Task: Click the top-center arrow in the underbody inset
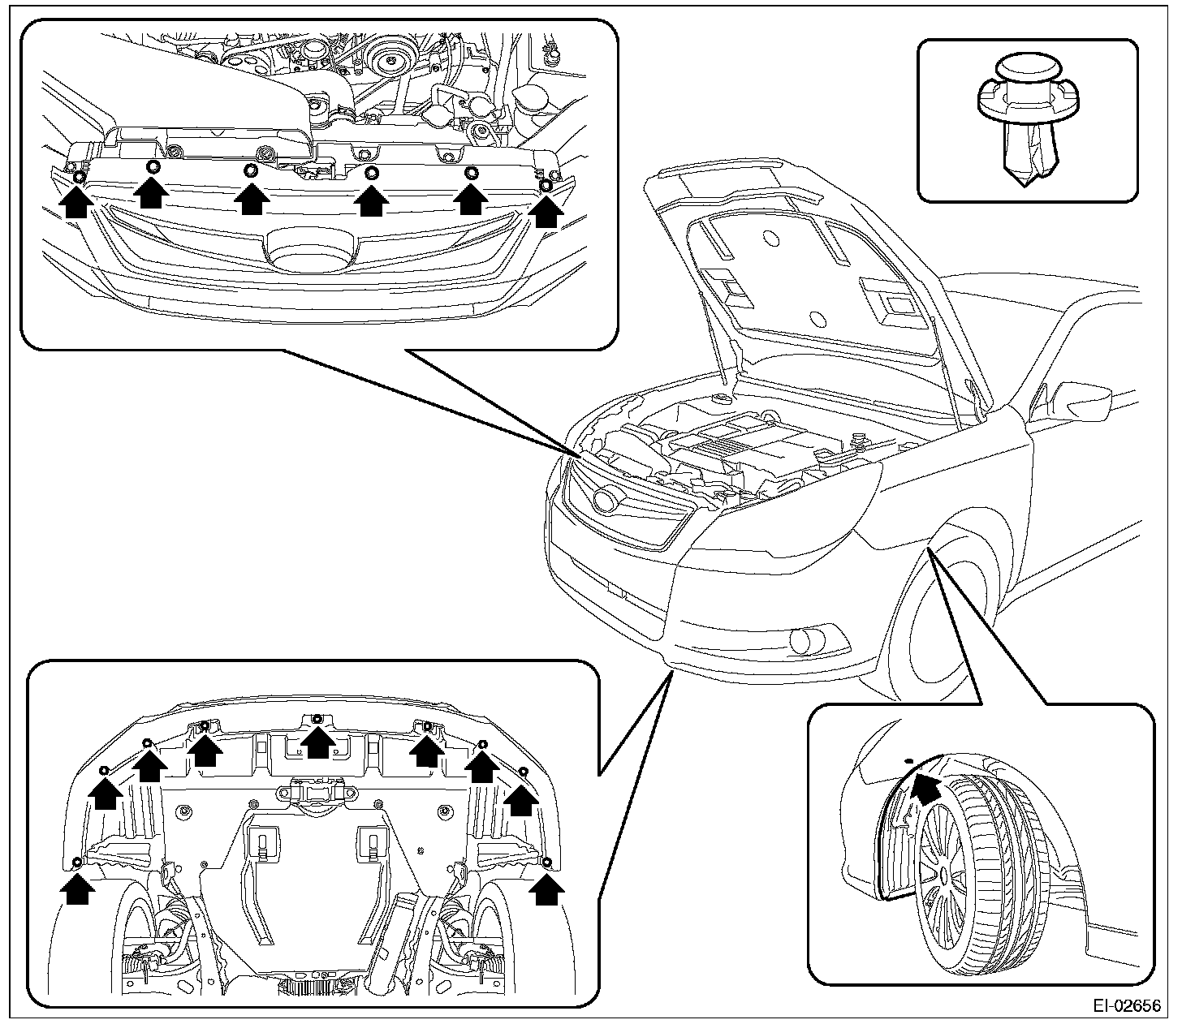click(317, 740)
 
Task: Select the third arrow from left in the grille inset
click(252, 199)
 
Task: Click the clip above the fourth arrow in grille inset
click(372, 172)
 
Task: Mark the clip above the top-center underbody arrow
click(317, 719)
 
